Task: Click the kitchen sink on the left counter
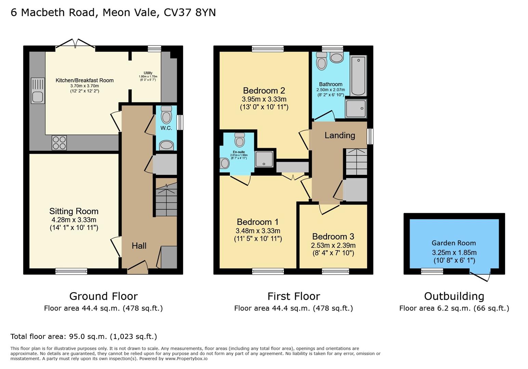pyautogui.click(x=38, y=91)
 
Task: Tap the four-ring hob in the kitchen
pyautogui.click(x=59, y=143)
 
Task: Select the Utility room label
pyautogui.click(x=148, y=73)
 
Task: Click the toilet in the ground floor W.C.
pyautogui.click(x=166, y=114)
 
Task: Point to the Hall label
pyautogui.click(x=139, y=246)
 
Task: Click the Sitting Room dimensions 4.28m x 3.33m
pyautogui.click(x=74, y=220)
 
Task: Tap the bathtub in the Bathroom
pyautogui.click(x=358, y=76)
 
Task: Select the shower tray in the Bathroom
pyautogui.click(x=356, y=108)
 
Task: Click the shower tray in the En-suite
pyautogui.click(x=264, y=159)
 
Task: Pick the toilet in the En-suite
pyautogui.click(x=240, y=140)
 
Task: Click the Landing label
pyautogui.click(x=340, y=135)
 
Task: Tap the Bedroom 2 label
pyautogui.click(x=264, y=91)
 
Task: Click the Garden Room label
pyautogui.click(x=453, y=243)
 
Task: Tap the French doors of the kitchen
pyautogui.click(x=75, y=44)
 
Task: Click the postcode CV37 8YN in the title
pyautogui.click(x=190, y=13)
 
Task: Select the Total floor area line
pyautogui.click(x=84, y=337)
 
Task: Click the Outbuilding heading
pyautogui.click(x=454, y=296)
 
